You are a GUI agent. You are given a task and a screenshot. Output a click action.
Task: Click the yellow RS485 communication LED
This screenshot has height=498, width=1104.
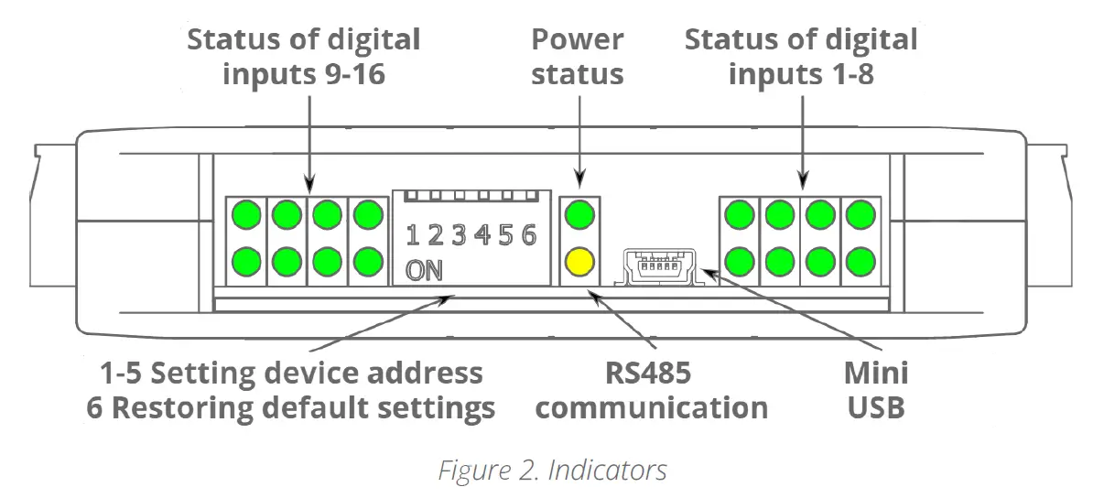pos(579,262)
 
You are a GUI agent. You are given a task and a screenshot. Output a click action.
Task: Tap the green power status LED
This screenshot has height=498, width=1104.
pos(579,217)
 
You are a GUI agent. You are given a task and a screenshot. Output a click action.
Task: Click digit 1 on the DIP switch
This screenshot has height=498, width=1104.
pos(413,236)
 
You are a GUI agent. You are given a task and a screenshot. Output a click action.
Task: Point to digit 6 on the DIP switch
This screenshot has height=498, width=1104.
pos(528,236)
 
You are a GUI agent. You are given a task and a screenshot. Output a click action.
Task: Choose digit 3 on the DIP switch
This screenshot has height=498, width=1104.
pos(459,236)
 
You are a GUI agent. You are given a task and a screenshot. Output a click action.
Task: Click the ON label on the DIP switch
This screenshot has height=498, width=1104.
pos(424,271)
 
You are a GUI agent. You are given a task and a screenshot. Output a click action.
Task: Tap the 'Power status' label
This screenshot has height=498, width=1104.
pos(578,57)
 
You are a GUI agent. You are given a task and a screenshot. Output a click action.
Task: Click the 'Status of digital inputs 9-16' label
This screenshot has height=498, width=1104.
pos(304,57)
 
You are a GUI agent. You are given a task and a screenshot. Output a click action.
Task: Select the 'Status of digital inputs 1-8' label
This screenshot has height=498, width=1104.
pos(801,57)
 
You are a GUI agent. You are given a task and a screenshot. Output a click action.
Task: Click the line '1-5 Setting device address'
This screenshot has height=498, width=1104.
pos(291,373)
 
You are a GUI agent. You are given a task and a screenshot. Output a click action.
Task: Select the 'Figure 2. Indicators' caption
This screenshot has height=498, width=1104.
pos(551,471)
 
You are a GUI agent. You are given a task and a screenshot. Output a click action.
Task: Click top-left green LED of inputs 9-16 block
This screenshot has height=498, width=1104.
pos(246,216)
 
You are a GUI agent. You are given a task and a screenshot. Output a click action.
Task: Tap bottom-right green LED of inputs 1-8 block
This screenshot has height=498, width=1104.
pos(860,262)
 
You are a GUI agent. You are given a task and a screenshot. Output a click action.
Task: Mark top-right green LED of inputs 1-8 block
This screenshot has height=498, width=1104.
pos(860,216)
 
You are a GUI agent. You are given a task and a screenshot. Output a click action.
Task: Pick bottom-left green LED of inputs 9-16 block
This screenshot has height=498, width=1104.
pos(246,262)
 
